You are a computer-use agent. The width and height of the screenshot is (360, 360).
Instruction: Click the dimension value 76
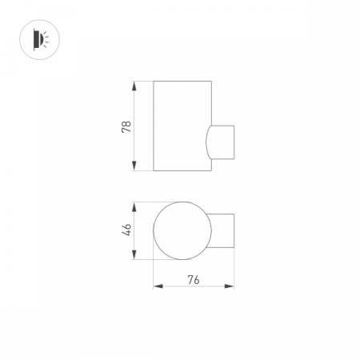point(193,278)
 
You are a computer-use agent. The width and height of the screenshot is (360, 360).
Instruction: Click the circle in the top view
point(182,230)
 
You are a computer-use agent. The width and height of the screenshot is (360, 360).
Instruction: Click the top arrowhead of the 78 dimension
point(134,84)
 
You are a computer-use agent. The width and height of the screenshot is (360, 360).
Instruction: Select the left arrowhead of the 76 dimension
point(156,286)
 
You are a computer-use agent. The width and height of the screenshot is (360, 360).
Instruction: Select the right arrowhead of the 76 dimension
point(231,286)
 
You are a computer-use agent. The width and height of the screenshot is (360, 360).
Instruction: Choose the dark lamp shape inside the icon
point(34,38)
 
